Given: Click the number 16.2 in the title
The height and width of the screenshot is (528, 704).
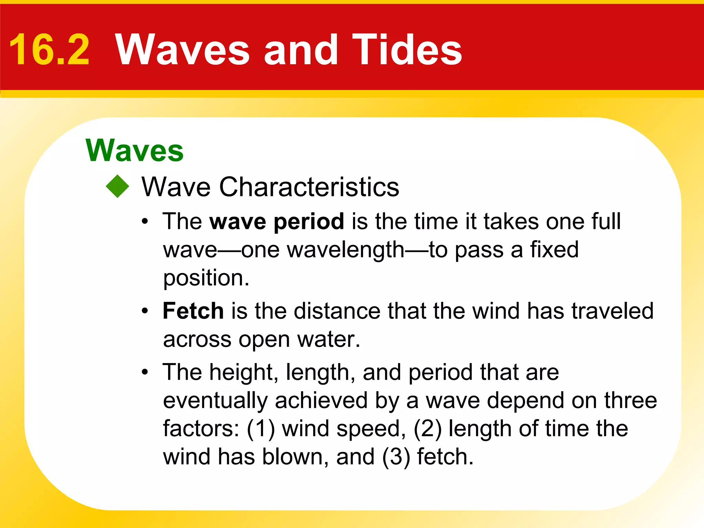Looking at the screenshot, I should click(x=49, y=50).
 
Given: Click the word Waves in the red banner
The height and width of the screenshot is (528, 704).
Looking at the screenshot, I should click(x=182, y=50).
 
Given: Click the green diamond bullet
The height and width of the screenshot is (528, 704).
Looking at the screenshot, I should click(x=118, y=186).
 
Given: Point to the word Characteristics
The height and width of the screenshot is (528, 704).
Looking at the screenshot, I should click(x=309, y=187).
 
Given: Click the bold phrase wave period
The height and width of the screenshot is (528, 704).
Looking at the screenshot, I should click(x=277, y=221).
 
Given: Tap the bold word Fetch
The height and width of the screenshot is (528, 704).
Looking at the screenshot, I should click(x=193, y=311).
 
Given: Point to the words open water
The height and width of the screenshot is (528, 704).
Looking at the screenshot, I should click(x=299, y=340).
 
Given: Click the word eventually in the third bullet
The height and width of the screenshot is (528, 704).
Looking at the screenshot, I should click(x=215, y=401).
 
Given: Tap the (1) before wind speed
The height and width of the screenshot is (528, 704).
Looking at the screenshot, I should click(x=261, y=429).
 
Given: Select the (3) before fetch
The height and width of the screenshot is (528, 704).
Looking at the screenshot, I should click(x=396, y=457).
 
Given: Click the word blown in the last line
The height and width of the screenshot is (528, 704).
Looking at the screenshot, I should click(x=295, y=457).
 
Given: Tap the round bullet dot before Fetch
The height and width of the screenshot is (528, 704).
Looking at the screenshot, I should click(x=145, y=311).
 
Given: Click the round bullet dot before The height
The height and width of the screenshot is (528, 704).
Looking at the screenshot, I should click(x=145, y=372).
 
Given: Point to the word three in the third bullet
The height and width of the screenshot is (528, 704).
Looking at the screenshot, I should click(x=630, y=401).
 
